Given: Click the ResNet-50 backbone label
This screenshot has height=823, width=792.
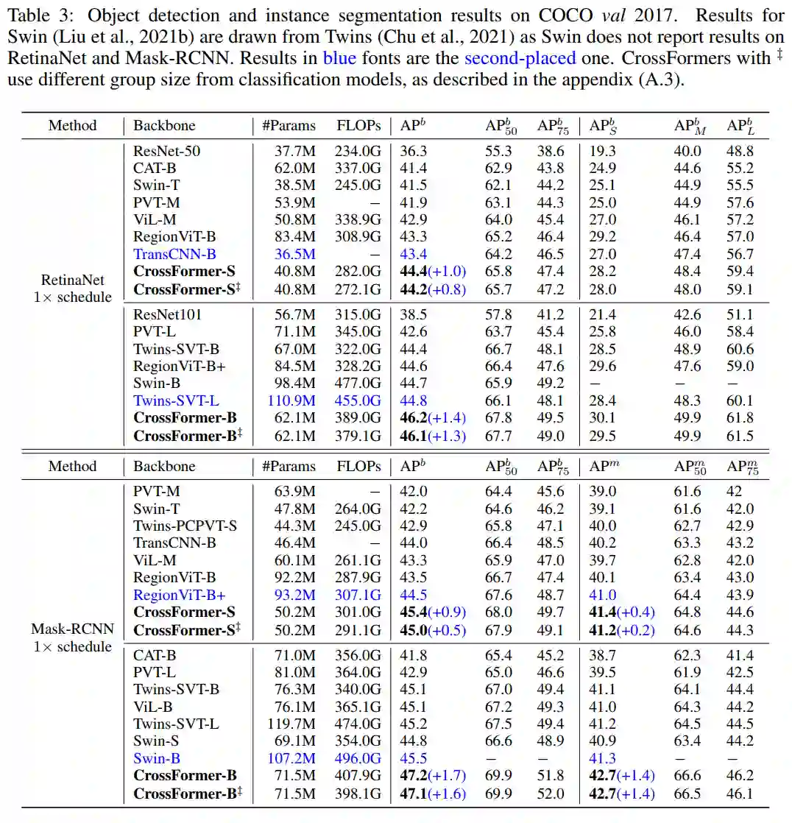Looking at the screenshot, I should tap(167, 151).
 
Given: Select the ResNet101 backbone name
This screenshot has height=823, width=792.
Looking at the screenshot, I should tap(167, 314).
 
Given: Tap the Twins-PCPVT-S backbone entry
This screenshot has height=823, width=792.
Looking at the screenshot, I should tap(185, 526).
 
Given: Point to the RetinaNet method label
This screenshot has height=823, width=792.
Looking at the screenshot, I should tap(73, 280).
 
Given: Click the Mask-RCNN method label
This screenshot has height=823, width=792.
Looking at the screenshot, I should tap(71, 629).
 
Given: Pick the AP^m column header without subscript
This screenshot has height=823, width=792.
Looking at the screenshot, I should tap(606, 466).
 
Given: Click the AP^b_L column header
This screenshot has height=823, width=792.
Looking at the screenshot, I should tap(740, 126).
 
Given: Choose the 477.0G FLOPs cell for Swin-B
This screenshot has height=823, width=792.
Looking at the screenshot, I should tap(358, 383).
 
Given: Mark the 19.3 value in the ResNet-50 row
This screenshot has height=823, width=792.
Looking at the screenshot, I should tap(603, 151).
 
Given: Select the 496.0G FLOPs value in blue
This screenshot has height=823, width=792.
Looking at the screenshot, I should tap(358, 758).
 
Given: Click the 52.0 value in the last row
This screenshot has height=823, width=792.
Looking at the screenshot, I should tap(551, 793).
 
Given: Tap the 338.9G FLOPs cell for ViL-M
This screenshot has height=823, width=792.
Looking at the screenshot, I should tap(358, 219).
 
